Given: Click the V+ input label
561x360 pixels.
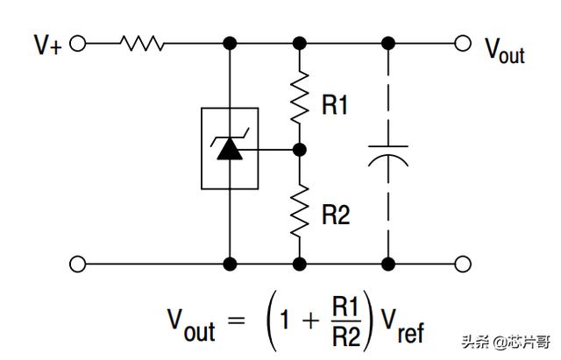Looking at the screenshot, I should pyautogui.click(x=47, y=46).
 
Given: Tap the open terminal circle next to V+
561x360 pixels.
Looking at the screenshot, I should pyautogui.click(x=77, y=43).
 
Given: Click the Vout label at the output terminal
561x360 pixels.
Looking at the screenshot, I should pyautogui.click(x=505, y=49).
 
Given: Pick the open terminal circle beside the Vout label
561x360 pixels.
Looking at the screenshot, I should pyautogui.click(x=463, y=43).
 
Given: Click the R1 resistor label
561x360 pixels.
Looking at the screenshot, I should pyautogui.click(x=335, y=107).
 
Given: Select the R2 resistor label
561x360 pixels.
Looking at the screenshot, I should pyautogui.click(x=336, y=215).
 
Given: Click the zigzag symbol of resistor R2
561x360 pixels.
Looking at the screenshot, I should pyautogui.click(x=300, y=209).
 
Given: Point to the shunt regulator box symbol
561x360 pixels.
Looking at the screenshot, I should pyautogui.click(x=230, y=148).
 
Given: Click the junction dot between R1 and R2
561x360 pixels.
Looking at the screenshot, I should pyautogui.click(x=300, y=150).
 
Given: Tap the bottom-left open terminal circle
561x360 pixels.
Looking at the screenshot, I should pyautogui.click(x=77, y=263).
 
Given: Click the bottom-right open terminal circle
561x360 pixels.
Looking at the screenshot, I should pyautogui.click(x=463, y=263).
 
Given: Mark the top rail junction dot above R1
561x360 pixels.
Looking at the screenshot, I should pyautogui.click(x=300, y=43).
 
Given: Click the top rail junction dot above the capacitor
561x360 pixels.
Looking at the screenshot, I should pyautogui.click(x=388, y=43).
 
